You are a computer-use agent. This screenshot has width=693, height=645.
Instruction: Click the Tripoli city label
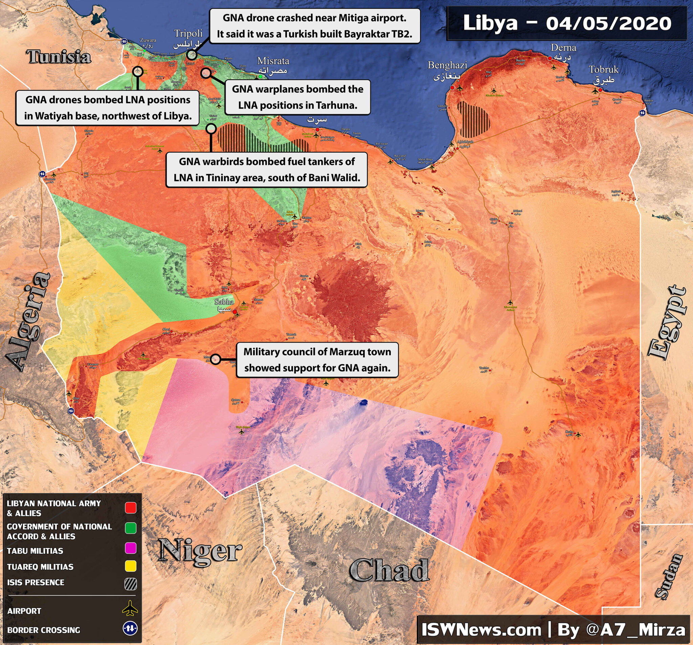point(188,34)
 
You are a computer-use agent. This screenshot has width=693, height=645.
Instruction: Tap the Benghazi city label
point(447,65)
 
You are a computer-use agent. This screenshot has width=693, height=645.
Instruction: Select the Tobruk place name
point(603,70)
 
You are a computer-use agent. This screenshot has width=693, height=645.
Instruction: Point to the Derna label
point(563,48)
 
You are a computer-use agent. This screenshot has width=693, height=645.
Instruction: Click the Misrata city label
point(273,61)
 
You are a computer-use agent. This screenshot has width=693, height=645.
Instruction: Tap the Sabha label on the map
point(224,302)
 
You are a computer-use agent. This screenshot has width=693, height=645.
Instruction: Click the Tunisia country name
point(59,57)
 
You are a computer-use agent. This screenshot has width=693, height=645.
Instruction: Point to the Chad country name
point(389,570)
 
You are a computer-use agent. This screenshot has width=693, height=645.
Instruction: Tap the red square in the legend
point(131,508)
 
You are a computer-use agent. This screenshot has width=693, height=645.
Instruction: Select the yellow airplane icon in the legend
point(130,608)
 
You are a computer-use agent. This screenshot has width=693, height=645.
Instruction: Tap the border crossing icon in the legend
point(130,629)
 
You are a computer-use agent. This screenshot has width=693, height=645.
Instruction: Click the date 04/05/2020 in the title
point(608,24)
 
